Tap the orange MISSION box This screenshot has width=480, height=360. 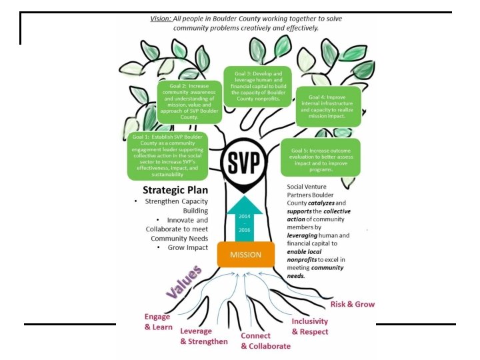245,254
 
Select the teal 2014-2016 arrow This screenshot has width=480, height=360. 245,219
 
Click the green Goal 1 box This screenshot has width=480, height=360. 166,157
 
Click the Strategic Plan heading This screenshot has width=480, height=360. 169,189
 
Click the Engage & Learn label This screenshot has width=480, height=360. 158,321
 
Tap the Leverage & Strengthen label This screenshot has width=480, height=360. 203,336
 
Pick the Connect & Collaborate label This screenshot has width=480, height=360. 265,341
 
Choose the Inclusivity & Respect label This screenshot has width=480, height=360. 309,326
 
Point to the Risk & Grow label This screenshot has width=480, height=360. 352,304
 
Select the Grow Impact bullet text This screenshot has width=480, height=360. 186,248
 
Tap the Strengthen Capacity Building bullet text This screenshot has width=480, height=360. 177,205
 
